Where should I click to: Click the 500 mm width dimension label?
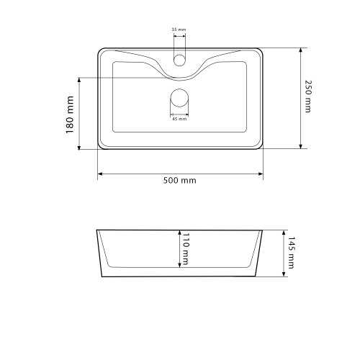(x=180, y=180)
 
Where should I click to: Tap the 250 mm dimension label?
(x=308, y=96)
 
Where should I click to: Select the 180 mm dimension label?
(x=70, y=114)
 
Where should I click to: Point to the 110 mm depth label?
(x=186, y=249)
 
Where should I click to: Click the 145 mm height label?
(x=291, y=253)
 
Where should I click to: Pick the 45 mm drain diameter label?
(x=179, y=119)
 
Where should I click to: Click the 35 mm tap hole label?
(x=179, y=30)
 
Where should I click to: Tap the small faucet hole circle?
(x=179, y=60)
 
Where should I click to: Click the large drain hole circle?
(x=179, y=98)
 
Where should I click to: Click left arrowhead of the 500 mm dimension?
(x=100, y=174)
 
